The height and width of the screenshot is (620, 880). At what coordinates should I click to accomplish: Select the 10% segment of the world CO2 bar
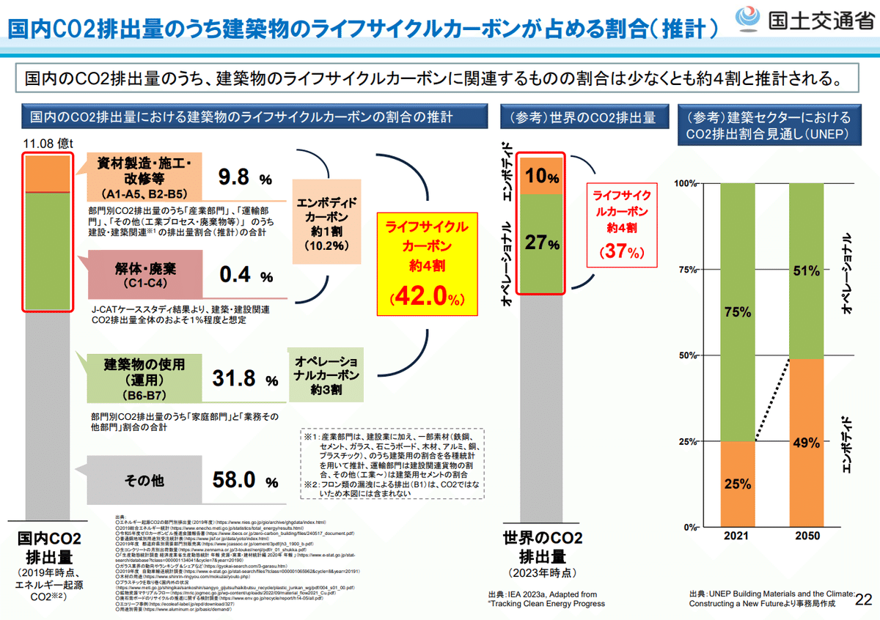542,176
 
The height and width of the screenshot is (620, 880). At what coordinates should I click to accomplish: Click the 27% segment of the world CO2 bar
542,243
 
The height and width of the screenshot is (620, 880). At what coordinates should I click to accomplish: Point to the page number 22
864,599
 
